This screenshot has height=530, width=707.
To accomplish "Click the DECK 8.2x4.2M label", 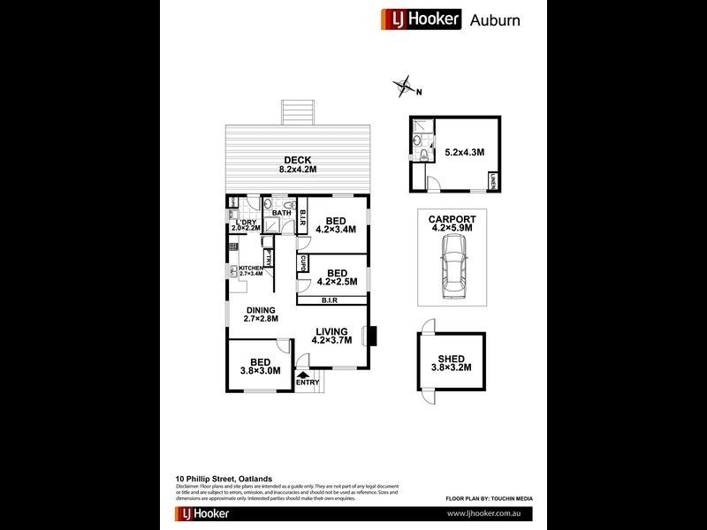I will [297, 164].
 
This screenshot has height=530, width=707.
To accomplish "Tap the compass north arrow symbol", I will [406, 87].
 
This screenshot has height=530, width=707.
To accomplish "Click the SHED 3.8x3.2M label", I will [451, 363].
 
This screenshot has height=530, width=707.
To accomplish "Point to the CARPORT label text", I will [452, 219].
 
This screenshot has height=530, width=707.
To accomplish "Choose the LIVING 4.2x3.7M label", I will [333, 336].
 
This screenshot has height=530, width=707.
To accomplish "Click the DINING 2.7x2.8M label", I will [261, 314].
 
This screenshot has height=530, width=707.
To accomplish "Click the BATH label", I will [281, 213].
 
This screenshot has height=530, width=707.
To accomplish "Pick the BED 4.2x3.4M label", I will [335, 225].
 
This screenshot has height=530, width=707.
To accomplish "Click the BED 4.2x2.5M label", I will [336, 278].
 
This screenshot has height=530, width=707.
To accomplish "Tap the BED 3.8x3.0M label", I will [260, 367].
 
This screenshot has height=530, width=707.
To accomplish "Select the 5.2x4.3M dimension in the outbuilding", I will [465, 152].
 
